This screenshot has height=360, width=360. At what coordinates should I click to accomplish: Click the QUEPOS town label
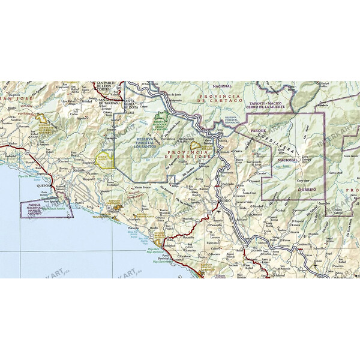[x=45, y=185]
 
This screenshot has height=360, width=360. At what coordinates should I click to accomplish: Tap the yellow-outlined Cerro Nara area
[x=103, y=160]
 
